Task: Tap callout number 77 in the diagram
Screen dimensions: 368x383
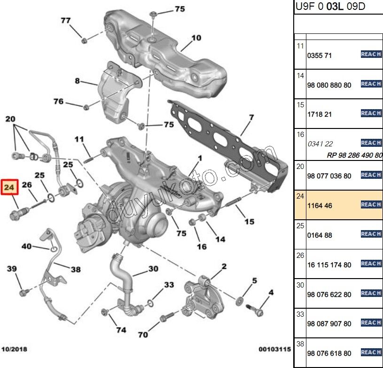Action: coord(66,20)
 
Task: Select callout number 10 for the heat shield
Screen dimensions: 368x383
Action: coord(196,38)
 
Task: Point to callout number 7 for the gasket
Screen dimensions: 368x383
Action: coord(251,117)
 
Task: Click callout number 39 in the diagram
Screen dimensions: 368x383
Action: coord(12,269)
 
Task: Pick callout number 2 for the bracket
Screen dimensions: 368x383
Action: coord(224,266)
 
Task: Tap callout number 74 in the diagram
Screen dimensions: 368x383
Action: coord(121,330)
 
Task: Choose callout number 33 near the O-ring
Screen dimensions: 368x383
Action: coord(169,285)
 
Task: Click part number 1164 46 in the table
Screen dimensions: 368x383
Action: coord(320,206)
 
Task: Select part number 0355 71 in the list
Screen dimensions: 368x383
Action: coord(320,56)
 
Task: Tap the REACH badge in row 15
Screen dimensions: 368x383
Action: coord(371,113)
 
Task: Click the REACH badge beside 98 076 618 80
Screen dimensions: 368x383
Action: coord(371,352)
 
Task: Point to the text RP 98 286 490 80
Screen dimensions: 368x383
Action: coord(354,155)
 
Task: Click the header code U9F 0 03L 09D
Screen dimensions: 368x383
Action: coord(330,7)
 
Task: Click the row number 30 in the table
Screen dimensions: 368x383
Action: coord(300,284)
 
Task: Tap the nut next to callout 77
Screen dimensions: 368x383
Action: coord(84,40)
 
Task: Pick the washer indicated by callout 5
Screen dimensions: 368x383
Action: coord(240,300)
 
